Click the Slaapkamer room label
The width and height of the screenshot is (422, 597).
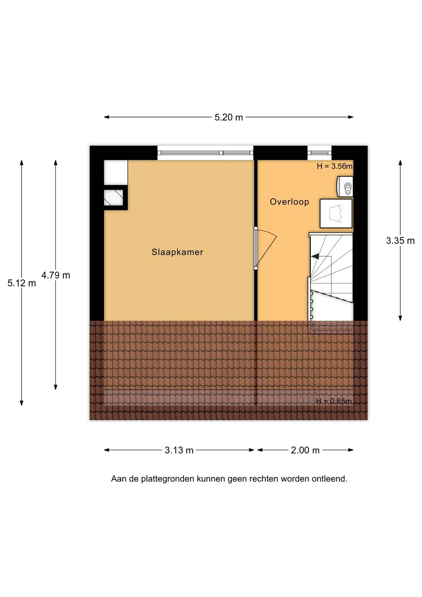(177, 252)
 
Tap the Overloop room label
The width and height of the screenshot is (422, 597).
(289, 202)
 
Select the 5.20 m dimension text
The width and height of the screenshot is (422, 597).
(229, 117)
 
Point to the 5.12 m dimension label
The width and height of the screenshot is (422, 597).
(21, 283)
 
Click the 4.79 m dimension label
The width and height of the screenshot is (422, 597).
(55, 275)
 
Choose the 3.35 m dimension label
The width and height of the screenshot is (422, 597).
(401, 241)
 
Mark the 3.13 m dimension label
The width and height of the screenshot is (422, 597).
(179, 450)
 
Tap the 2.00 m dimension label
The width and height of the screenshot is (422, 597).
(305, 450)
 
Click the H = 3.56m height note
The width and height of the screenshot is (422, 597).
(334, 166)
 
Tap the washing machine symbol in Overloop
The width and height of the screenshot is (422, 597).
(336, 213)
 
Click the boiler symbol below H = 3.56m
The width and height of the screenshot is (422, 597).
(345, 186)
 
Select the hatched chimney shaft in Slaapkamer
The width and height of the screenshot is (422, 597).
(113, 197)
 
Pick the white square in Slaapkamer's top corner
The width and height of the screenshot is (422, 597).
(116, 172)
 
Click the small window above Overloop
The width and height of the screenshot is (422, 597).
(320, 153)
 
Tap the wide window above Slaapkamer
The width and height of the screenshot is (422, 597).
(205, 153)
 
